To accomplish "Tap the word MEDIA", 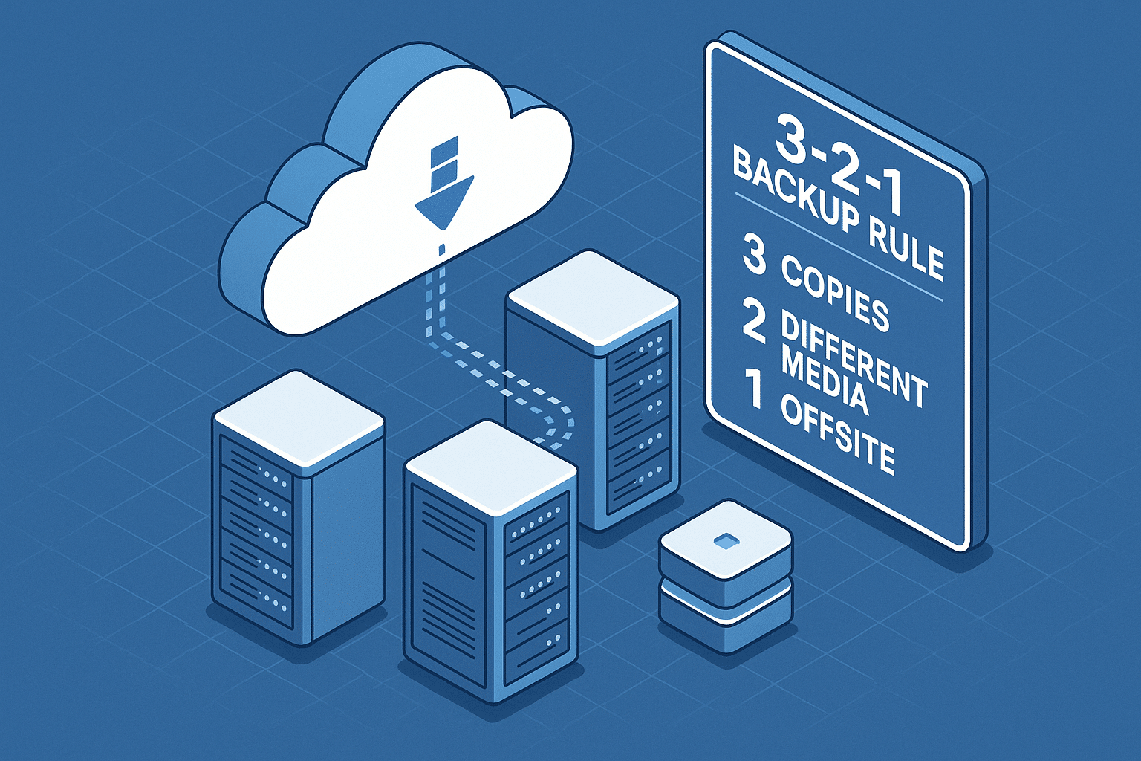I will pyautogui.click(x=825, y=383).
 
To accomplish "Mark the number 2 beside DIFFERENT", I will pyautogui.click(x=754, y=321).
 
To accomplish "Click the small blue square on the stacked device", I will pyautogui.click(x=725, y=540).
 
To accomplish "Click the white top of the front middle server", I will pyautogui.click(x=491, y=468).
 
